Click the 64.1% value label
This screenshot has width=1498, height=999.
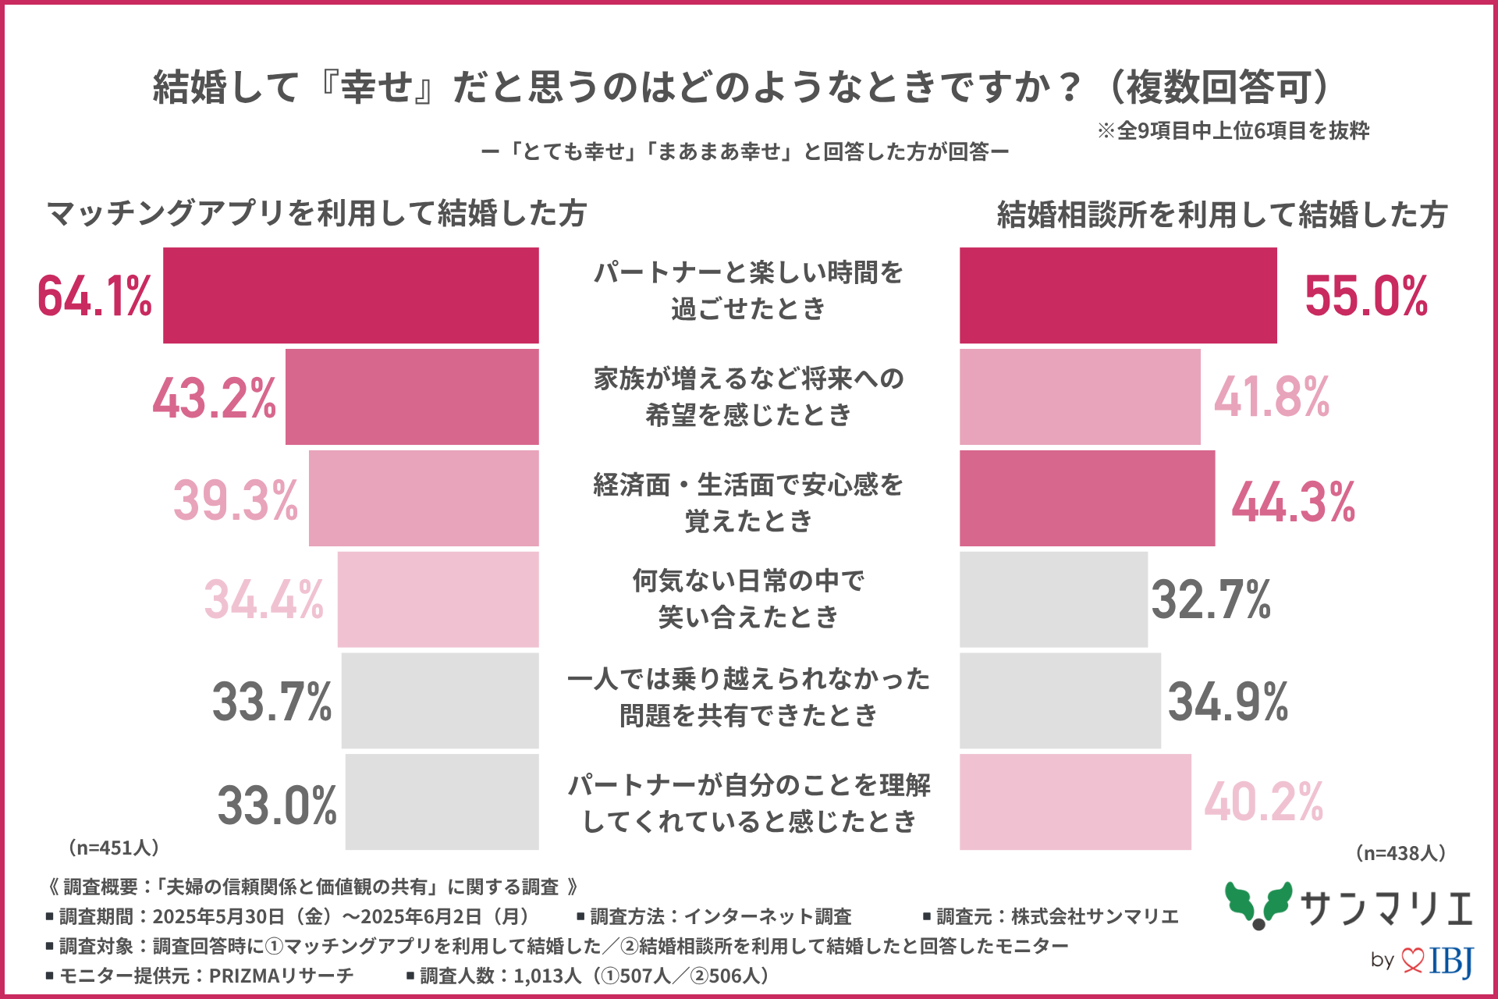pos(94,297)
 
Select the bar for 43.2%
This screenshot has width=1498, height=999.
pos(412,397)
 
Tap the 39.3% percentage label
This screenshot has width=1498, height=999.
pos(236,499)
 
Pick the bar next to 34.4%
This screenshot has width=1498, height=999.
pos(438,599)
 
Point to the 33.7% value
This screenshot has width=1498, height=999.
pos(272,701)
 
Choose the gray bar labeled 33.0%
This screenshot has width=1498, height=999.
pos(442,802)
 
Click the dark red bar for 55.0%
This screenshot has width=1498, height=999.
pos(1118,296)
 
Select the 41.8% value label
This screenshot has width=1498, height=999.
pos(1272,397)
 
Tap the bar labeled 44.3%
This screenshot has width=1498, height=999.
pos(1087,499)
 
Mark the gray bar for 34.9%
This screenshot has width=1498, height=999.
pos(1060,701)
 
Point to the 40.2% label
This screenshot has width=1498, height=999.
pos(1264,802)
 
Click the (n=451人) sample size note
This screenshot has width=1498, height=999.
pos(114,848)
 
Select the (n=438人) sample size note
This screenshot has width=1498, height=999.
pos(1400,853)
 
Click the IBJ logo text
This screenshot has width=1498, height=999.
pos(1451,960)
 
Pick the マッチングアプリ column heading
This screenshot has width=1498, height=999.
pos(316,213)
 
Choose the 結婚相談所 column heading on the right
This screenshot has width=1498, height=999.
pos(1222,215)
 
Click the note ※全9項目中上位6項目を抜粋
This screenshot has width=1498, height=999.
pos(1233,130)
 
